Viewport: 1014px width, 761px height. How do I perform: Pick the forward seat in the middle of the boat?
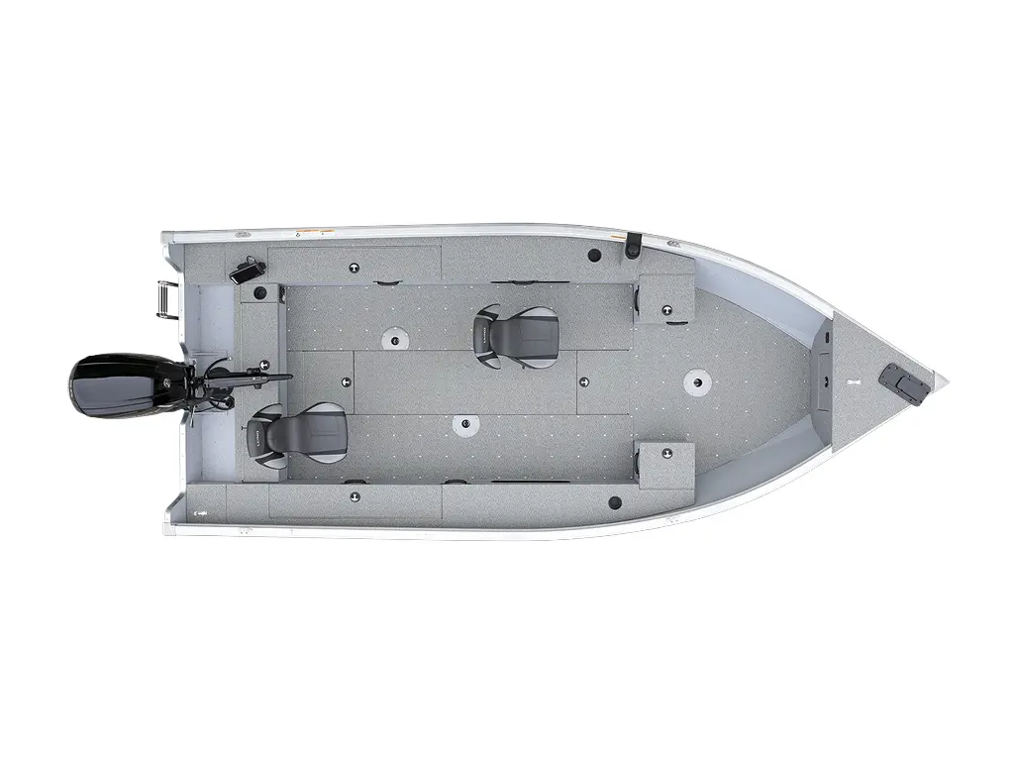(515, 335)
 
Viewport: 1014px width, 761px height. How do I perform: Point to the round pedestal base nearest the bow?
(701, 380)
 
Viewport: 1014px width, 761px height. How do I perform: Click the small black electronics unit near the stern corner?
(248, 270)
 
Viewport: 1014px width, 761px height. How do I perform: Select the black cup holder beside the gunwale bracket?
(594, 256)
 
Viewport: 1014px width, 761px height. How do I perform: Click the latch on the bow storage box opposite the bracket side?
(666, 453)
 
